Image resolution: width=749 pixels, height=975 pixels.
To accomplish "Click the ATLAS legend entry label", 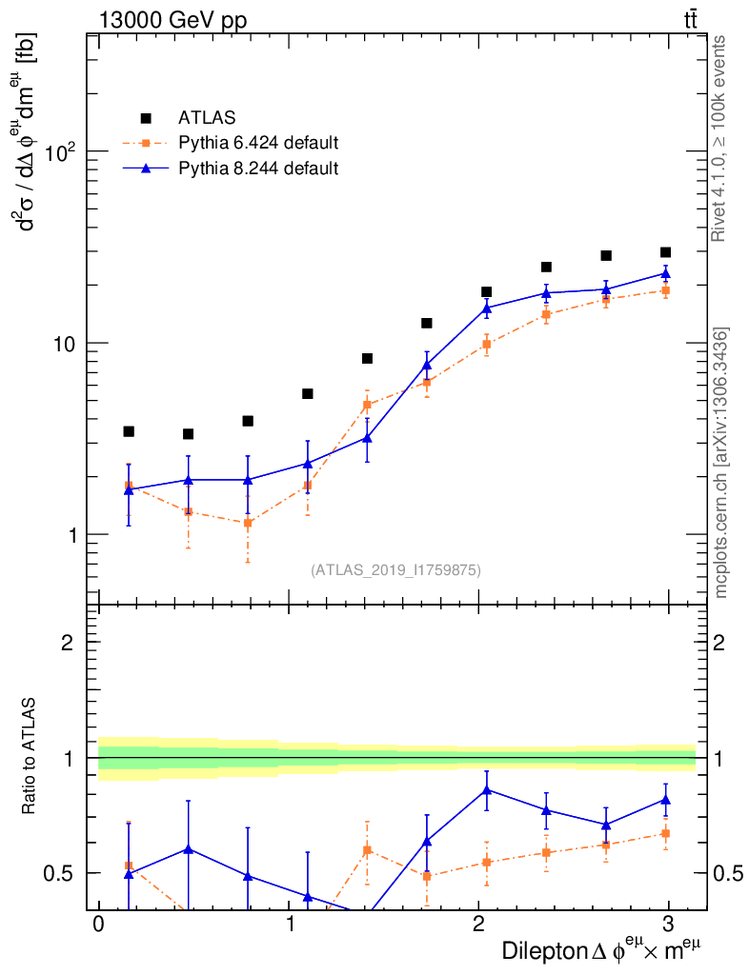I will point(206,118).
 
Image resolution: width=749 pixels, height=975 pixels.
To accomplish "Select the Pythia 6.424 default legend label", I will point(258,144).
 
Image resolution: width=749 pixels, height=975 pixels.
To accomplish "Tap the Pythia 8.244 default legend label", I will point(258,169).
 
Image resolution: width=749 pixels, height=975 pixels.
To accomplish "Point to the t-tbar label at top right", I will point(692,20).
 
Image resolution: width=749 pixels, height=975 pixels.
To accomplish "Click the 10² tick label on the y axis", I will point(63,151).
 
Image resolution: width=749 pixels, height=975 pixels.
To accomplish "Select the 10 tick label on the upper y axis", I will point(69,343).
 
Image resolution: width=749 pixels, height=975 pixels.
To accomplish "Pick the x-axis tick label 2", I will point(478,925).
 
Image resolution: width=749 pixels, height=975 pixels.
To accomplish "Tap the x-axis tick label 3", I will point(668,925).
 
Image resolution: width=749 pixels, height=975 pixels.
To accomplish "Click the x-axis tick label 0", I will point(99,925).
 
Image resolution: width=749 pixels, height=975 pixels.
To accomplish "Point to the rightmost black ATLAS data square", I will point(665,252).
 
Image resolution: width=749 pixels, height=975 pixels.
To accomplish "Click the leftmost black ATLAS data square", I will point(129,431).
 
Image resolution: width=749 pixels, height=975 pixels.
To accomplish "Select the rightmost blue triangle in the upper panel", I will point(665,273).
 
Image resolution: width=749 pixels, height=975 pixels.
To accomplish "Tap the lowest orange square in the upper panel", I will point(248,523).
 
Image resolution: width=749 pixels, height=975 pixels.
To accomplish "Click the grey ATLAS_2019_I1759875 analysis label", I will point(395,570).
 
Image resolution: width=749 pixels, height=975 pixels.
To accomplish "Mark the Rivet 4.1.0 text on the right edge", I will point(721,138).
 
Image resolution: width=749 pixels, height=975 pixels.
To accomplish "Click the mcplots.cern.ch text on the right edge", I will point(721,463).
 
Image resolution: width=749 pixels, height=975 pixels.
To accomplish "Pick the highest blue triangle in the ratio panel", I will point(487,789).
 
